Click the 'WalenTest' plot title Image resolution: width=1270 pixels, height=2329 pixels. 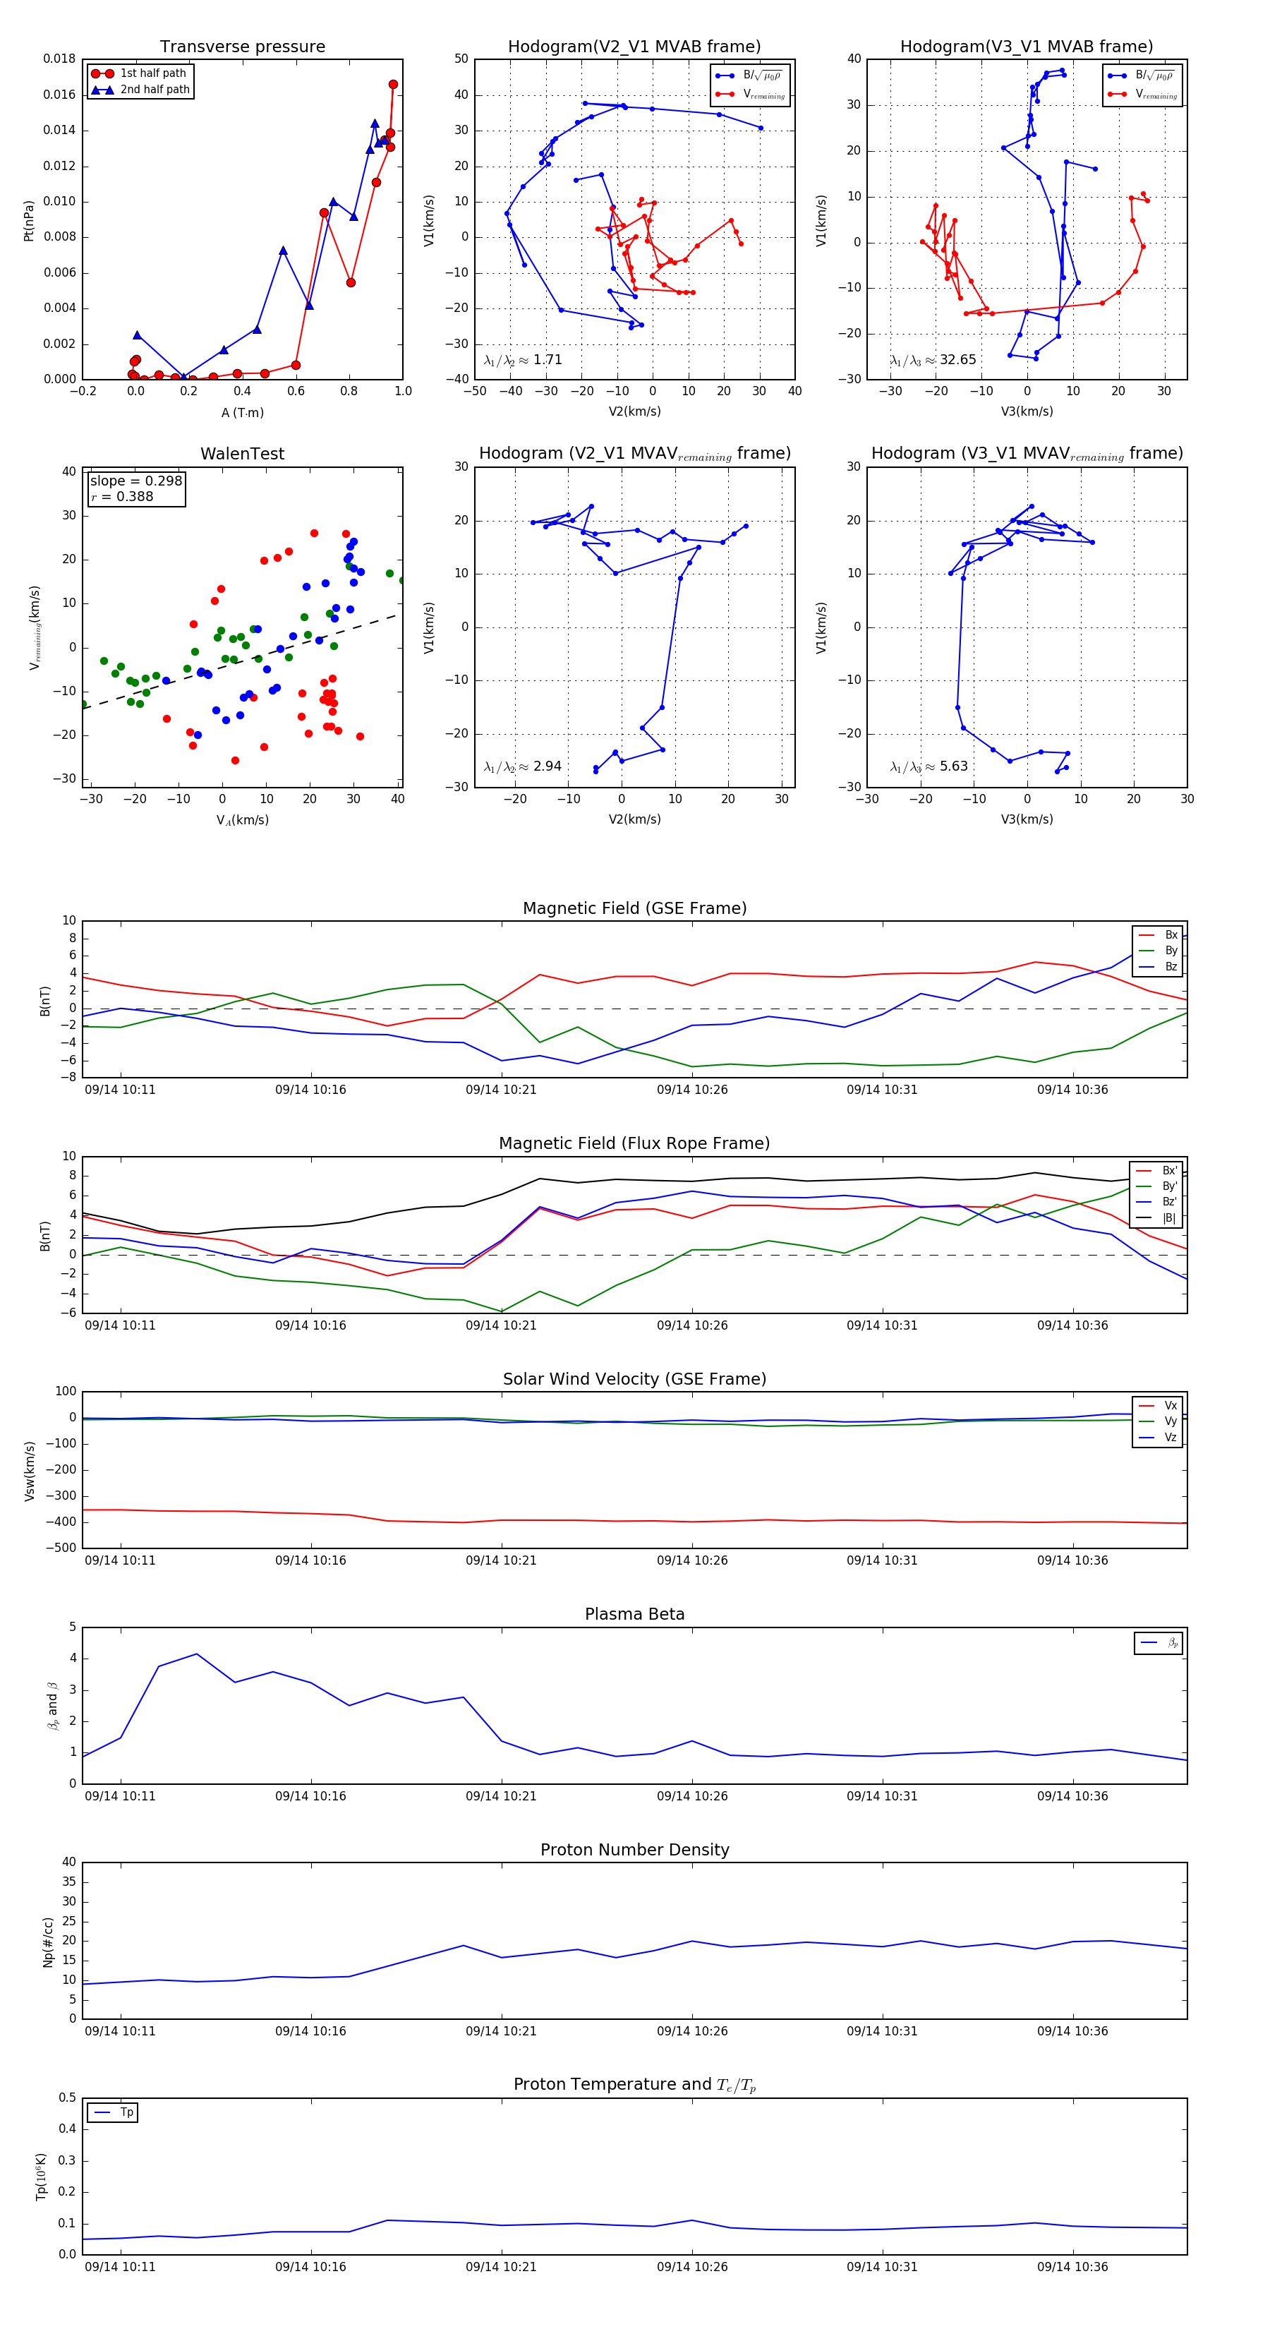[x=242, y=454]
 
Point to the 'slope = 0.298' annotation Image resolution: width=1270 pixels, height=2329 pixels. [x=135, y=481]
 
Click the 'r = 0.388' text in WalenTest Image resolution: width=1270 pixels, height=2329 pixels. [x=122, y=496]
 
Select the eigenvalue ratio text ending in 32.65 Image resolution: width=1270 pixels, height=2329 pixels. [x=933, y=360]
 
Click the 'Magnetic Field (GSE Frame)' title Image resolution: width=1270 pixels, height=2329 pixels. [x=634, y=908]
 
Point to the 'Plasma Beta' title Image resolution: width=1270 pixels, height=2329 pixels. [x=634, y=1614]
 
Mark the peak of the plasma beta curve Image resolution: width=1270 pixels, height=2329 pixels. [x=197, y=1654]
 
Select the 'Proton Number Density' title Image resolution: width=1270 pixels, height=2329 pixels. [x=634, y=1850]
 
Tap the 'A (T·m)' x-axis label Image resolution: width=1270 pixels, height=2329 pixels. [x=242, y=412]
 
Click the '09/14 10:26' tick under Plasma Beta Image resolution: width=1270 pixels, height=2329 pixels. [x=691, y=1795]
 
